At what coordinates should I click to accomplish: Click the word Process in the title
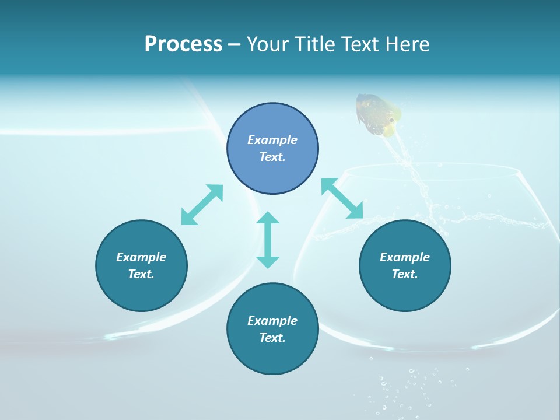tap(183, 44)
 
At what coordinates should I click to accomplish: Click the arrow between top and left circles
tap(202, 205)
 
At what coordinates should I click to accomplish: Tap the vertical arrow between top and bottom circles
tap(268, 240)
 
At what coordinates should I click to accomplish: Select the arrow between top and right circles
tap(342, 199)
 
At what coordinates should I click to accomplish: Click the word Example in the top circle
tap(272, 140)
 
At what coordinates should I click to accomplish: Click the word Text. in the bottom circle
tap(272, 338)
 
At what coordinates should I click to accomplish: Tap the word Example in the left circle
tap(141, 257)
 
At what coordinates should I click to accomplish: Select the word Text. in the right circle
tap(405, 274)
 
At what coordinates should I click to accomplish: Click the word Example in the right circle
tap(405, 257)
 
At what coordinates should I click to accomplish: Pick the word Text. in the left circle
tap(141, 274)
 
